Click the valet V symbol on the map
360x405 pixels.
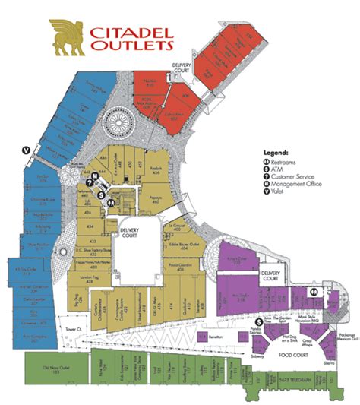click(x=27, y=149)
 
